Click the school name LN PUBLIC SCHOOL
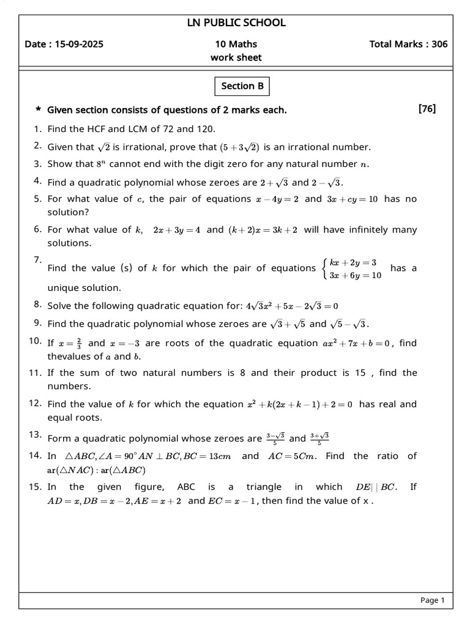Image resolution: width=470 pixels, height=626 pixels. pyautogui.click(x=236, y=23)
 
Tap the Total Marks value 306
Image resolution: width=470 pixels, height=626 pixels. pyautogui.click(x=438, y=44)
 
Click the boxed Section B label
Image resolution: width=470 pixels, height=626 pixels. pyautogui.click(x=242, y=86)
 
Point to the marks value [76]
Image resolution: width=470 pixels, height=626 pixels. pyautogui.click(x=427, y=109)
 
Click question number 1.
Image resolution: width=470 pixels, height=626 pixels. pyautogui.click(x=37, y=129)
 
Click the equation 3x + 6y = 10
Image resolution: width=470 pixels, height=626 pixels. pyautogui.click(x=356, y=275)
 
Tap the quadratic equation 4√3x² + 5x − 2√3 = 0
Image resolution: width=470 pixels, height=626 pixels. pyautogui.click(x=291, y=306)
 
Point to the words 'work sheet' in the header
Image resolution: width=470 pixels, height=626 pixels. pyautogui.click(x=236, y=57)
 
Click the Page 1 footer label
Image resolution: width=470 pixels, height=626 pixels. pyautogui.click(x=432, y=600)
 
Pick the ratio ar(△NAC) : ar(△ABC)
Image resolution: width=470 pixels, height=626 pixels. pyautogui.click(x=97, y=470)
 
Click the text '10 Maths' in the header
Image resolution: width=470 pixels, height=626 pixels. pyautogui.click(x=236, y=44)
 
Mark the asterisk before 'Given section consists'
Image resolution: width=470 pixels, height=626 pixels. pyautogui.click(x=38, y=110)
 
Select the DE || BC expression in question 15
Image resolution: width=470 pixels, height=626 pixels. pyautogui.click(x=376, y=487)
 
